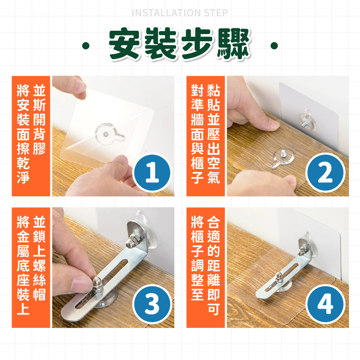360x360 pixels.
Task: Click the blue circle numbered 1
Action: click(x=152, y=173)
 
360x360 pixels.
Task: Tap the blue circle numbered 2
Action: click(x=325, y=173)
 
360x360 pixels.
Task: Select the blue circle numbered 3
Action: click(x=152, y=304)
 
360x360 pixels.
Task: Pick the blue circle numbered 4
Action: click(x=325, y=304)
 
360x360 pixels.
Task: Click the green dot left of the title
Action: click(x=86, y=46)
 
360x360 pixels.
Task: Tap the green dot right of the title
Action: click(x=274, y=46)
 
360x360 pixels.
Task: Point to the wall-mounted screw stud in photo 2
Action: click(x=306, y=124)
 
